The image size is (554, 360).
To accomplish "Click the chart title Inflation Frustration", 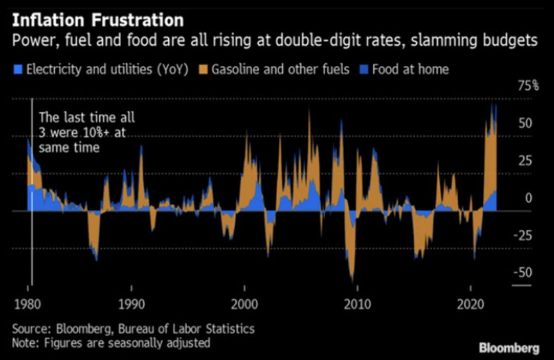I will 97,21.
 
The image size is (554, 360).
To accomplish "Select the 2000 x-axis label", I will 243,304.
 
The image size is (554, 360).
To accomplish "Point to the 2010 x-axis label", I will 357,304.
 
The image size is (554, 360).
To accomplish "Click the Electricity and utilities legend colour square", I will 18,69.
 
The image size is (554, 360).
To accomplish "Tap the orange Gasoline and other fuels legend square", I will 203,69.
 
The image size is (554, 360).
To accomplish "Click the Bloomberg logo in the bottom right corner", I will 508,346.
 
